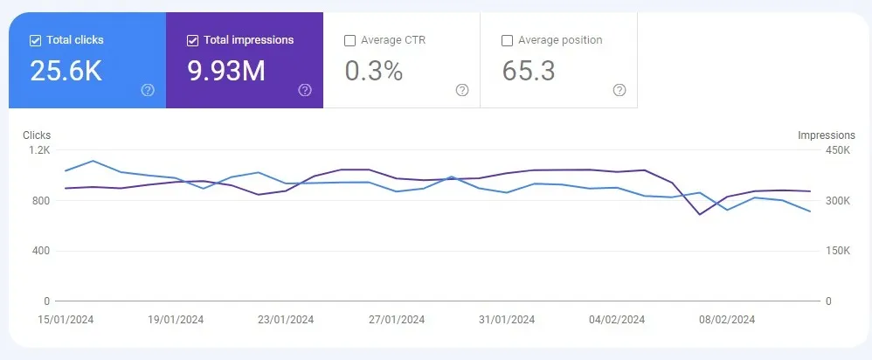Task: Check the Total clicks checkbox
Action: [36, 40]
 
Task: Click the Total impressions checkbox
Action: [193, 40]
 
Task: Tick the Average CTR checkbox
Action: [350, 40]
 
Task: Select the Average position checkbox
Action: [508, 40]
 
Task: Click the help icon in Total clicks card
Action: [148, 90]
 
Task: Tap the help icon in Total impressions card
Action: [305, 90]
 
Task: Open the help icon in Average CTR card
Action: [462, 90]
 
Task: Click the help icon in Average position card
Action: [619, 90]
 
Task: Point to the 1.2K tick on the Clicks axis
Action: [39, 150]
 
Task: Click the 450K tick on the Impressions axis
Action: [838, 150]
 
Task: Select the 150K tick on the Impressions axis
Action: [838, 251]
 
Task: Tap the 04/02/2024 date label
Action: [617, 320]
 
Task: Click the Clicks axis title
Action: [37, 135]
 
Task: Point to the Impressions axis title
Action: [827, 135]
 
